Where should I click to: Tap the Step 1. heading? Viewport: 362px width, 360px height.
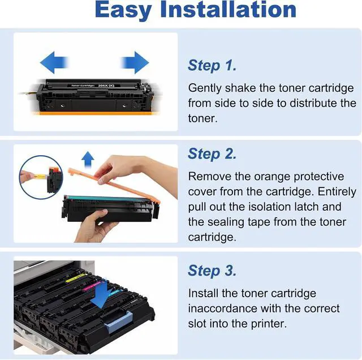212,65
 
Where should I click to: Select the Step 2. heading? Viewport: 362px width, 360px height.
212,153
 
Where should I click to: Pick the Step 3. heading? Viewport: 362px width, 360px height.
212,271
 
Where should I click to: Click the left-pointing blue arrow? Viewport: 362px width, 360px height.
54,62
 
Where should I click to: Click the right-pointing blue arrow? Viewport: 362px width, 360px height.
135,62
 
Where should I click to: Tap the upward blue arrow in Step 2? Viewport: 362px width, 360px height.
88,160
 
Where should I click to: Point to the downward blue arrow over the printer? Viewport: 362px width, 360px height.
102,294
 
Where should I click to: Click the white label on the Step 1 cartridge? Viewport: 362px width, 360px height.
93,85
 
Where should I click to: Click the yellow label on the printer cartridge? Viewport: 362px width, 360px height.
75,278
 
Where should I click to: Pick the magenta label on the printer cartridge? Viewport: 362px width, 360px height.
92,286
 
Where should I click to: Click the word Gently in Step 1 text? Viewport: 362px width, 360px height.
205,88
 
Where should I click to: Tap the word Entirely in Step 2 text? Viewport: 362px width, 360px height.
337,192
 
